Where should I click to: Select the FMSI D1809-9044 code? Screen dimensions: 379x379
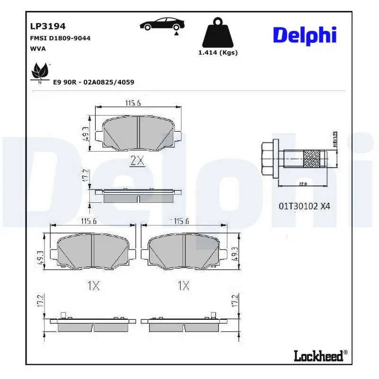[60, 38]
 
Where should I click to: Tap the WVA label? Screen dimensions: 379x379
[38, 48]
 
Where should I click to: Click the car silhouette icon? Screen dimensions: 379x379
[162, 24]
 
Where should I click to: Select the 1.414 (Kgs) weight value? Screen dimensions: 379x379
[218, 53]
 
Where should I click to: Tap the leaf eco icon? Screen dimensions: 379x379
[39, 72]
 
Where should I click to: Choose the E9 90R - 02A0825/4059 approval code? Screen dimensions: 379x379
[93, 82]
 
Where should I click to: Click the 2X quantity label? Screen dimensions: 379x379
[137, 161]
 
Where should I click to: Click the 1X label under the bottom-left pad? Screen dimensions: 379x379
[92, 286]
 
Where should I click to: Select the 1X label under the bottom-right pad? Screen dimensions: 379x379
[183, 286]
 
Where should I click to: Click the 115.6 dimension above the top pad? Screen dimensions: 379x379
[133, 103]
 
